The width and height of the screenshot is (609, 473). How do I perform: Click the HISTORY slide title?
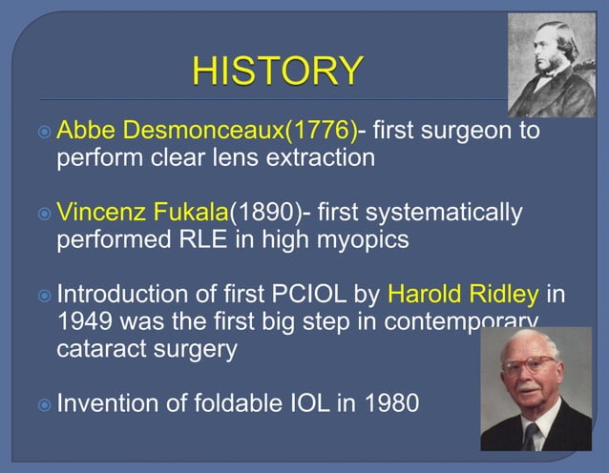(x=278, y=71)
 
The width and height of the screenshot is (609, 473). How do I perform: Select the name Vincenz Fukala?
(x=142, y=212)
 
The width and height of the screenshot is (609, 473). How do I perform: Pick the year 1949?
(x=86, y=321)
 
